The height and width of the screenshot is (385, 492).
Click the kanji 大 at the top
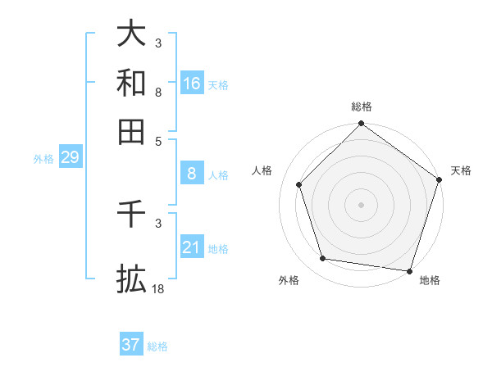tap(132, 34)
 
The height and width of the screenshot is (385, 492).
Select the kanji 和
tap(132, 83)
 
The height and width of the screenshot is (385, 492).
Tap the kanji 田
tap(132, 131)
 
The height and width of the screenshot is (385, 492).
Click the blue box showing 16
tap(192, 84)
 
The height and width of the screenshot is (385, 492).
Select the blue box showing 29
tap(70, 157)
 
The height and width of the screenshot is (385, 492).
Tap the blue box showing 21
tap(192, 247)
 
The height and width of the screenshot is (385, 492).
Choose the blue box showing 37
tap(131, 345)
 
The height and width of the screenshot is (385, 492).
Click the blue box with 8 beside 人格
tap(192, 174)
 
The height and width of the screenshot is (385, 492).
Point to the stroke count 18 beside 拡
tap(158, 289)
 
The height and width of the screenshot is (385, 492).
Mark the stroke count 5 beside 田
tap(158, 140)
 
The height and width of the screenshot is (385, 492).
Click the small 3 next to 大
tap(158, 43)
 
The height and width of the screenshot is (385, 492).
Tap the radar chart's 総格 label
tap(361, 107)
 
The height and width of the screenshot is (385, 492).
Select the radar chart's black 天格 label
tap(461, 170)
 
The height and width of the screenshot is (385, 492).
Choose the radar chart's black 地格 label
tap(430, 281)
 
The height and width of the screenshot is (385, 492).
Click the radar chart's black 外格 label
tap(289, 281)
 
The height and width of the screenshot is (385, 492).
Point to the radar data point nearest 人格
tap(299, 184)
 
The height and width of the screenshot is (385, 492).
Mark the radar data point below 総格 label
tap(361, 125)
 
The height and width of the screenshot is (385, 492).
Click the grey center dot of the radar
tap(361, 204)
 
